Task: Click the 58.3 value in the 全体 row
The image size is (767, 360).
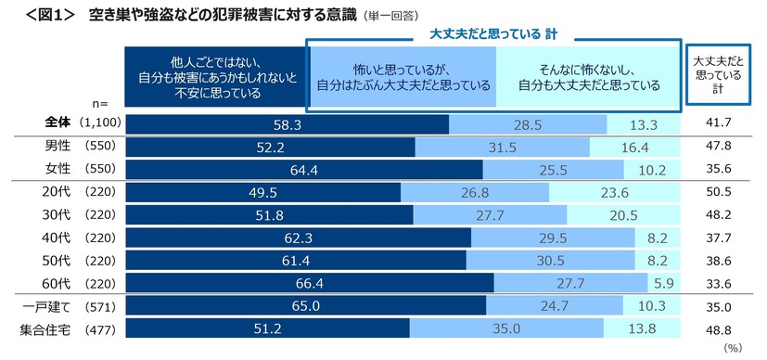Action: tap(287, 124)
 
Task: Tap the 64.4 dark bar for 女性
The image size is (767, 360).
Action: tap(303, 169)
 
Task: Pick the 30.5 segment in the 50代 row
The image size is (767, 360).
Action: tap(564, 259)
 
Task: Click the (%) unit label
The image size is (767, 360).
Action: tap(733, 349)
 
